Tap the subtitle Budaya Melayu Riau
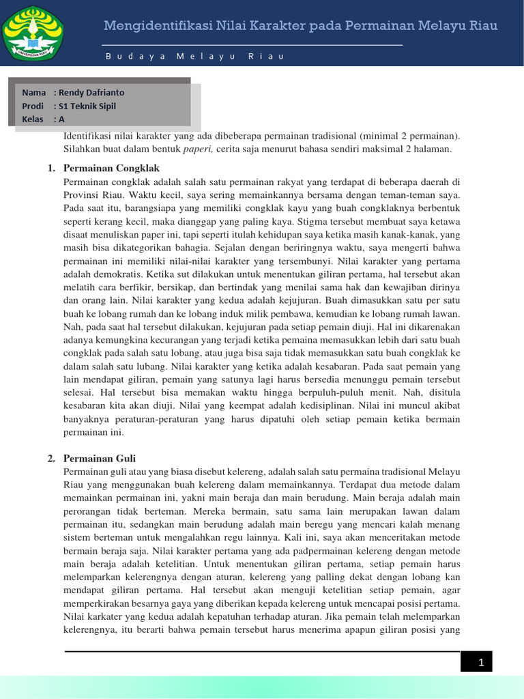194,57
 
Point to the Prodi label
33,106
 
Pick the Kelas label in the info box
33,119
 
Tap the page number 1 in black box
480,662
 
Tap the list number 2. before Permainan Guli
52,459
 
